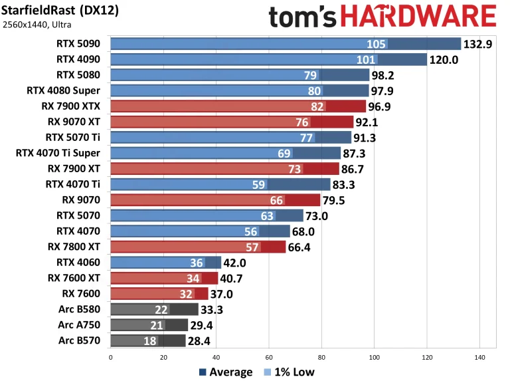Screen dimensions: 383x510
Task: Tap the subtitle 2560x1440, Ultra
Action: (x=39, y=25)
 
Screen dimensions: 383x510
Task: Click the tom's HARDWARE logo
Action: (x=382, y=17)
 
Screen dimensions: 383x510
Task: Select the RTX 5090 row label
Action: (x=80, y=44)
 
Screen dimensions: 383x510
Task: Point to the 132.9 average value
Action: (x=479, y=45)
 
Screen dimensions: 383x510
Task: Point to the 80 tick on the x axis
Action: (x=321, y=357)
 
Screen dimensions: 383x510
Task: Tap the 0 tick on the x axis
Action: (x=110, y=357)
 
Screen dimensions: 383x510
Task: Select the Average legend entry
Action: (x=225, y=372)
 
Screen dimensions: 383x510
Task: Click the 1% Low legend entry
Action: (x=289, y=372)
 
